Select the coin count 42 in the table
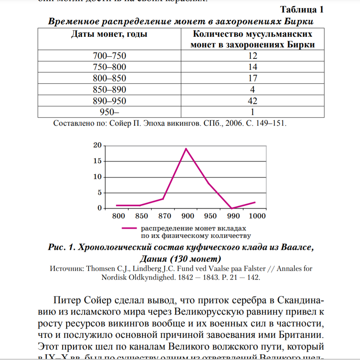click(x=252, y=101)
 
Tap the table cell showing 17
click(x=252, y=78)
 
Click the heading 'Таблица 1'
click(x=302, y=9)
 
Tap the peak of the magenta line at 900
click(x=186, y=148)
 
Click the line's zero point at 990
click(x=232, y=208)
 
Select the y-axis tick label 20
click(x=97, y=145)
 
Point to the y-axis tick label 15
click(x=97, y=161)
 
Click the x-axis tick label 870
click(x=165, y=216)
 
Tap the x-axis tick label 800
click(x=118, y=216)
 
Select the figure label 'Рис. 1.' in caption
click(x=60, y=247)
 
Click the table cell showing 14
click(x=252, y=67)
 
